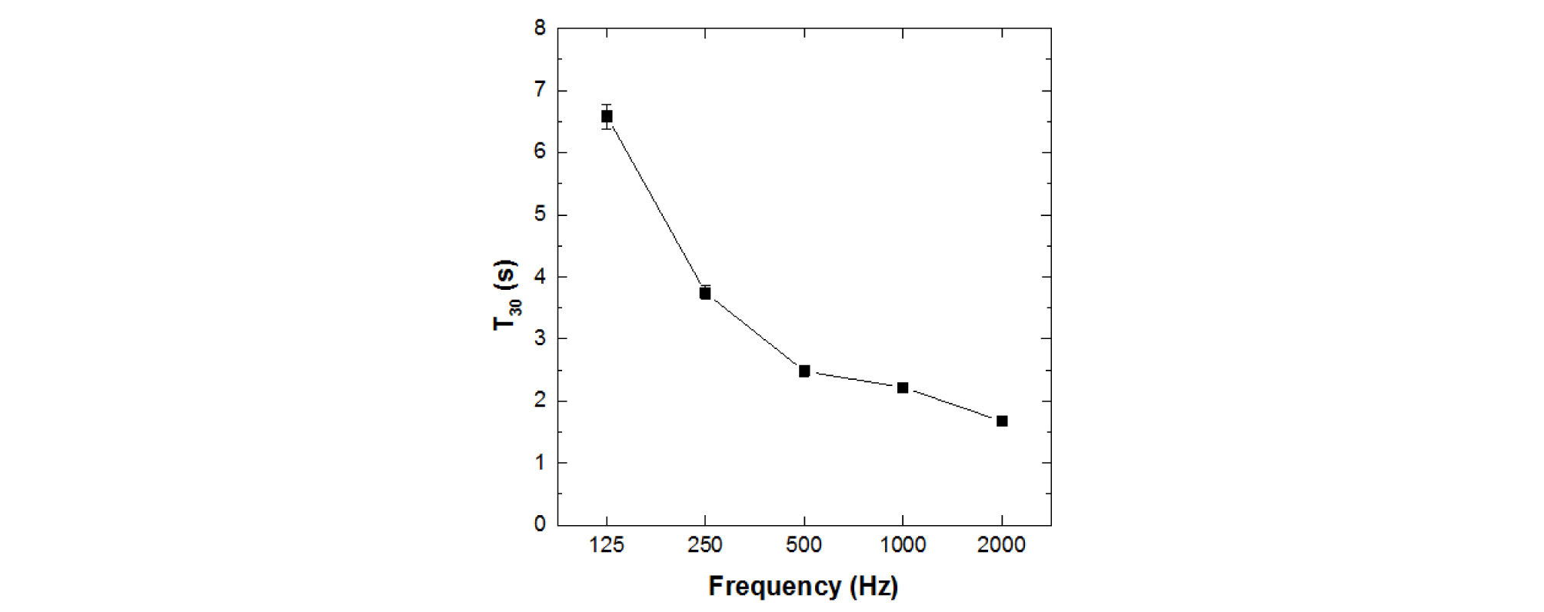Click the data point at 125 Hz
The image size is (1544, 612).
point(607,117)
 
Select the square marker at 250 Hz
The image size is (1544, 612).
point(705,293)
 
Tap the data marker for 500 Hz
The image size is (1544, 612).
point(804,371)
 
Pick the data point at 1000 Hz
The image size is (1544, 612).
point(903,387)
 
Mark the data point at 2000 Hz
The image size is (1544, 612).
point(1002,421)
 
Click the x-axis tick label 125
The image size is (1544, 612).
point(607,545)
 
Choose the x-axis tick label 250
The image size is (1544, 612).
point(705,545)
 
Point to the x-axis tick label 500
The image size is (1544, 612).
point(804,545)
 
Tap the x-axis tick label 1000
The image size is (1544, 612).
point(903,545)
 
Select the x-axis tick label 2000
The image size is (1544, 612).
point(1001,545)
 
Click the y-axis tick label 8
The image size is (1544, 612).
point(540,28)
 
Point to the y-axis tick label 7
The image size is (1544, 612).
point(540,91)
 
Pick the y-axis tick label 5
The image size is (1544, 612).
point(540,215)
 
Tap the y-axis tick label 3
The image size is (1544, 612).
point(540,338)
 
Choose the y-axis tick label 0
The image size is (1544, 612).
point(540,524)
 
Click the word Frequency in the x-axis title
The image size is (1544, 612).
point(774,587)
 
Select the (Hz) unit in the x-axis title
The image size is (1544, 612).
point(874,587)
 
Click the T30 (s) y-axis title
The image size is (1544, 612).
point(506,295)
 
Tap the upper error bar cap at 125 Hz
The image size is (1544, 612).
point(607,105)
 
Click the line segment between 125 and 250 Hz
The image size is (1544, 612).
point(656,205)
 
